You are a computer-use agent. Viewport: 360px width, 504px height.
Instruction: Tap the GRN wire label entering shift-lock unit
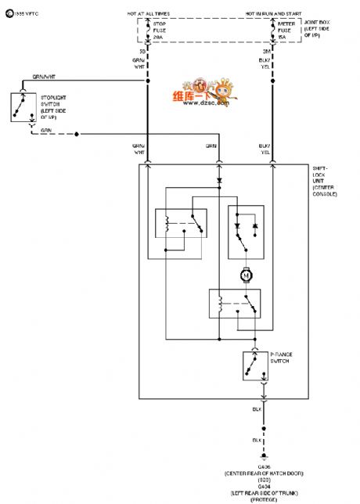click(211, 146)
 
